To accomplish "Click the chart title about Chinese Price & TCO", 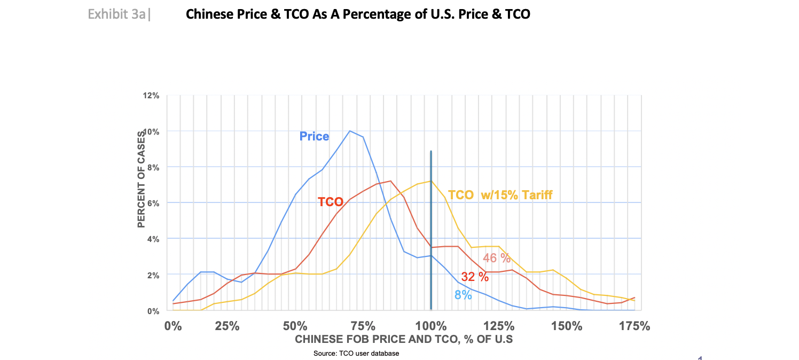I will point(357,14).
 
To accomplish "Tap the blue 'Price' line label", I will point(314,136).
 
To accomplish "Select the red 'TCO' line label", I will point(331,202).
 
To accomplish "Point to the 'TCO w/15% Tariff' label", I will point(500,195).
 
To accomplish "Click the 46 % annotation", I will point(497,259).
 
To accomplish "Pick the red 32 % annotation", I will point(475,277).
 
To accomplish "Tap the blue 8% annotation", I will point(463,294).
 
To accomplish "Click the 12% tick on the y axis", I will point(151,96).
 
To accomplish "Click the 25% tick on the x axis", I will point(227,326).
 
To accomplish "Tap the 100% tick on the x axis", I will point(431,326).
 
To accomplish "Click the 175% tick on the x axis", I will point(634,326).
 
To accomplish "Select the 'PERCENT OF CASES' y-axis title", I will point(142,179).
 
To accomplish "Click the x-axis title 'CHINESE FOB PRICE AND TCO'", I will point(404,340).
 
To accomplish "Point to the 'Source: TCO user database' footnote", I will point(356,354).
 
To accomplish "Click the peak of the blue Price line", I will point(350,131).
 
